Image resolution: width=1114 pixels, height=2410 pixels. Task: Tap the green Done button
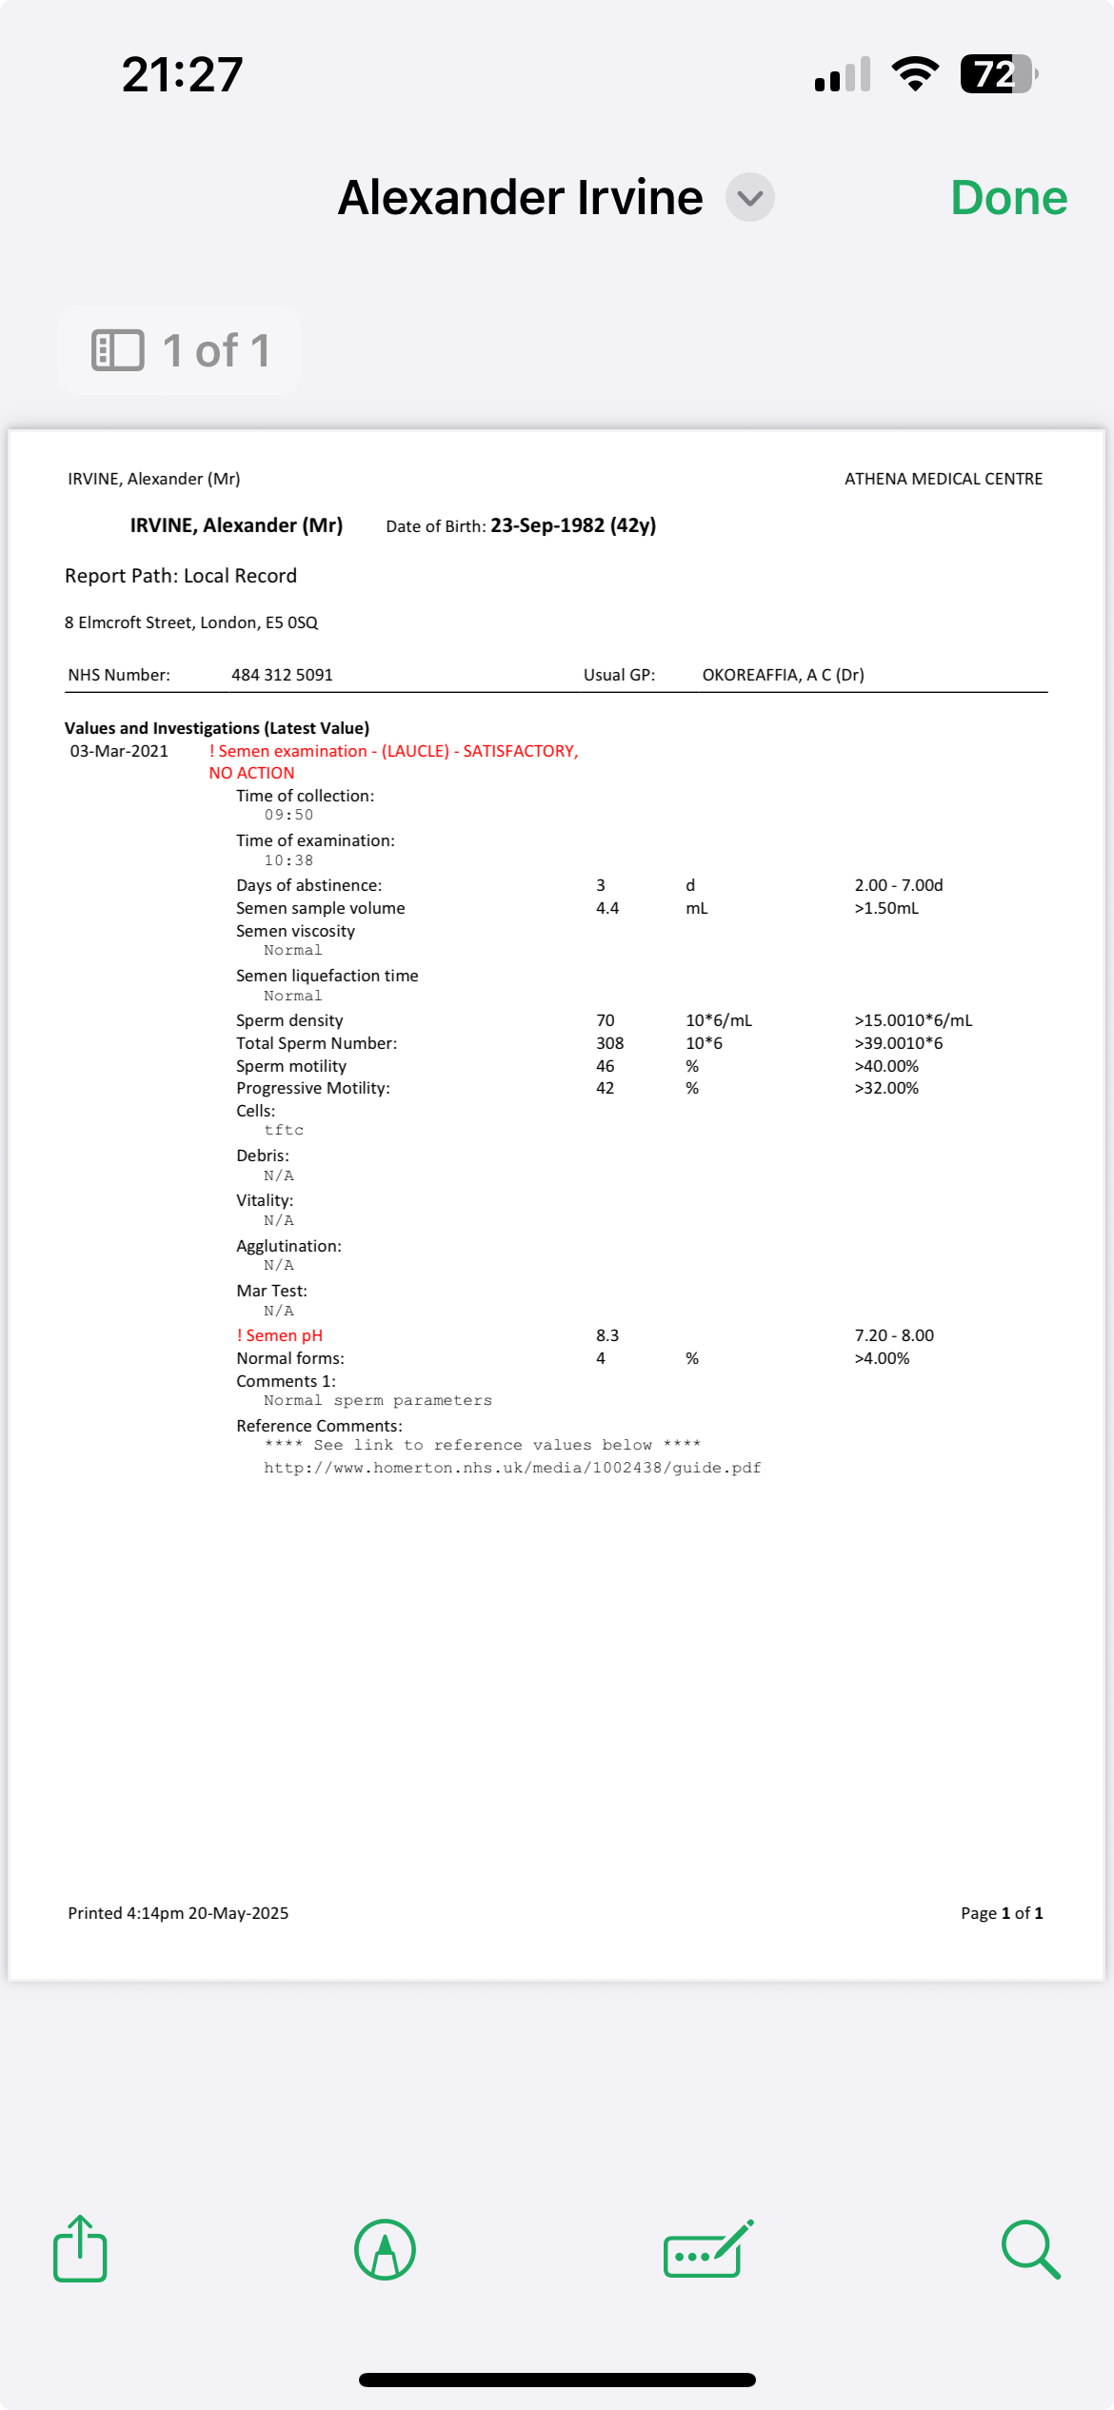click(x=1008, y=198)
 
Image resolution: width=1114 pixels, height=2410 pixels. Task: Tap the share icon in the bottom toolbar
click(x=80, y=2249)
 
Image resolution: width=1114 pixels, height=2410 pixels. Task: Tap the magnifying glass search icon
click(x=1030, y=2249)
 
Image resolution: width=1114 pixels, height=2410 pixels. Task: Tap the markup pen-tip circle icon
click(x=385, y=2249)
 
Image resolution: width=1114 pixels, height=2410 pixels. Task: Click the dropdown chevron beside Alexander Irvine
click(x=750, y=198)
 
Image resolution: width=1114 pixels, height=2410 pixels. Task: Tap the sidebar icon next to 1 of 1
click(x=118, y=350)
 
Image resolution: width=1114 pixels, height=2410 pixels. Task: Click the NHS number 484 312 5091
click(x=282, y=675)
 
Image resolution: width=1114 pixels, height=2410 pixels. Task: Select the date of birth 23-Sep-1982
click(x=547, y=525)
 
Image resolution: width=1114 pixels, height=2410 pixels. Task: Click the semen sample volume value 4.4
click(x=607, y=908)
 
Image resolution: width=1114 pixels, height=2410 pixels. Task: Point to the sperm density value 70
click(x=606, y=1020)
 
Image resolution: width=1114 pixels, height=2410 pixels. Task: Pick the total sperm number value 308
click(x=609, y=1043)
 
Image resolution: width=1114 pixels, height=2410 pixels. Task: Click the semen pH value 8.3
click(x=607, y=1335)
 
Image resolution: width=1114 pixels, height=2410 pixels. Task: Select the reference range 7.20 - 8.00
click(x=894, y=1335)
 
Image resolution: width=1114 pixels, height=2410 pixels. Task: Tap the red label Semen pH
click(x=283, y=1335)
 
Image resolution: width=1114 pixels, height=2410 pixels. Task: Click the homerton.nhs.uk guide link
click(x=512, y=1468)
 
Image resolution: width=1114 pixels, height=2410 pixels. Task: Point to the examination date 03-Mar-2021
click(x=119, y=751)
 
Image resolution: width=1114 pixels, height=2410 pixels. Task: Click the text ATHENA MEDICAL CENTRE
click(x=944, y=479)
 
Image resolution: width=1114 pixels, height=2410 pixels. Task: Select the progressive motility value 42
click(x=606, y=1088)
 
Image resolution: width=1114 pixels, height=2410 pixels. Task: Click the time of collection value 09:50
click(x=288, y=815)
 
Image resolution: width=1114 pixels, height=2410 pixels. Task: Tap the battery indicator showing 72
click(x=997, y=74)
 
